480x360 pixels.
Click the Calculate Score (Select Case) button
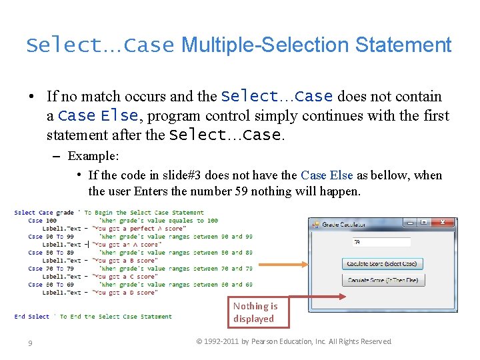tap(383, 264)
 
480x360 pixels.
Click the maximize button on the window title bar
tap(423, 223)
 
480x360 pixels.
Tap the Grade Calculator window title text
tap(343, 224)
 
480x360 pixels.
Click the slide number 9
tap(30, 343)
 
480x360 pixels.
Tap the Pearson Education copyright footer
tap(294, 341)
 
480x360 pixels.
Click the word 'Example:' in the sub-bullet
tap(93, 156)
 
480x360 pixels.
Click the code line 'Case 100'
tap(42, 221)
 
